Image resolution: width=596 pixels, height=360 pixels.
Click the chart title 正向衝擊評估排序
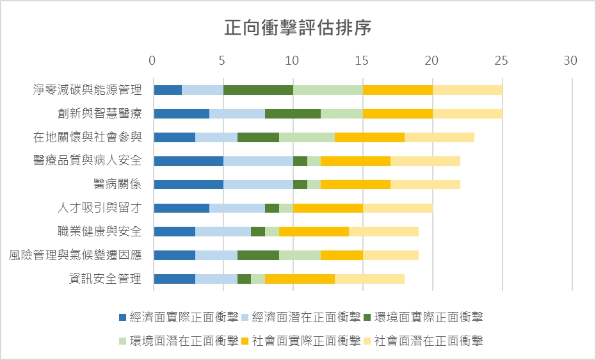298,29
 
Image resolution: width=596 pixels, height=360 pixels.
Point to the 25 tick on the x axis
501,61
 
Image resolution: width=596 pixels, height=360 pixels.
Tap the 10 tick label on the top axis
292,61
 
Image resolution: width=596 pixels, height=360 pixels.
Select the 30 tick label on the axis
570,61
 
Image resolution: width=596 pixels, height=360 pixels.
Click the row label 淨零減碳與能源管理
88,90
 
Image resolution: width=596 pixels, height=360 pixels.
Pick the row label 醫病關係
118,184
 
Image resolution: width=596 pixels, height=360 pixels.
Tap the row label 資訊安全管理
106,279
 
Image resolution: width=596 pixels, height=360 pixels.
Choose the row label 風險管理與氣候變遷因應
76,255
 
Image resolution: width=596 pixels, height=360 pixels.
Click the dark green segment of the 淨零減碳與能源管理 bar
258,90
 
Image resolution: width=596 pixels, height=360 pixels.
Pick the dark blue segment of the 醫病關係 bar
188,184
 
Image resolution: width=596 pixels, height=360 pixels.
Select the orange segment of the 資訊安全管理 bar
300,279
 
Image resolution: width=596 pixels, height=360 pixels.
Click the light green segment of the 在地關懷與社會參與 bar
307,137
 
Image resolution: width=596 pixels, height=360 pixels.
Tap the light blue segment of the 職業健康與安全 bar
223,231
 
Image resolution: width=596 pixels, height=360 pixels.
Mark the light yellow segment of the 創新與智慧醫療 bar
467,113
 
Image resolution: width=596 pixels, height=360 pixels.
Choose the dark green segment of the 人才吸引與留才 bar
272,208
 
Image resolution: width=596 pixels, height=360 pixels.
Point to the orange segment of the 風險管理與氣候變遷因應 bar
342,255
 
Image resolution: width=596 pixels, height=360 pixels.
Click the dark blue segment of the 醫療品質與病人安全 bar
188,161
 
